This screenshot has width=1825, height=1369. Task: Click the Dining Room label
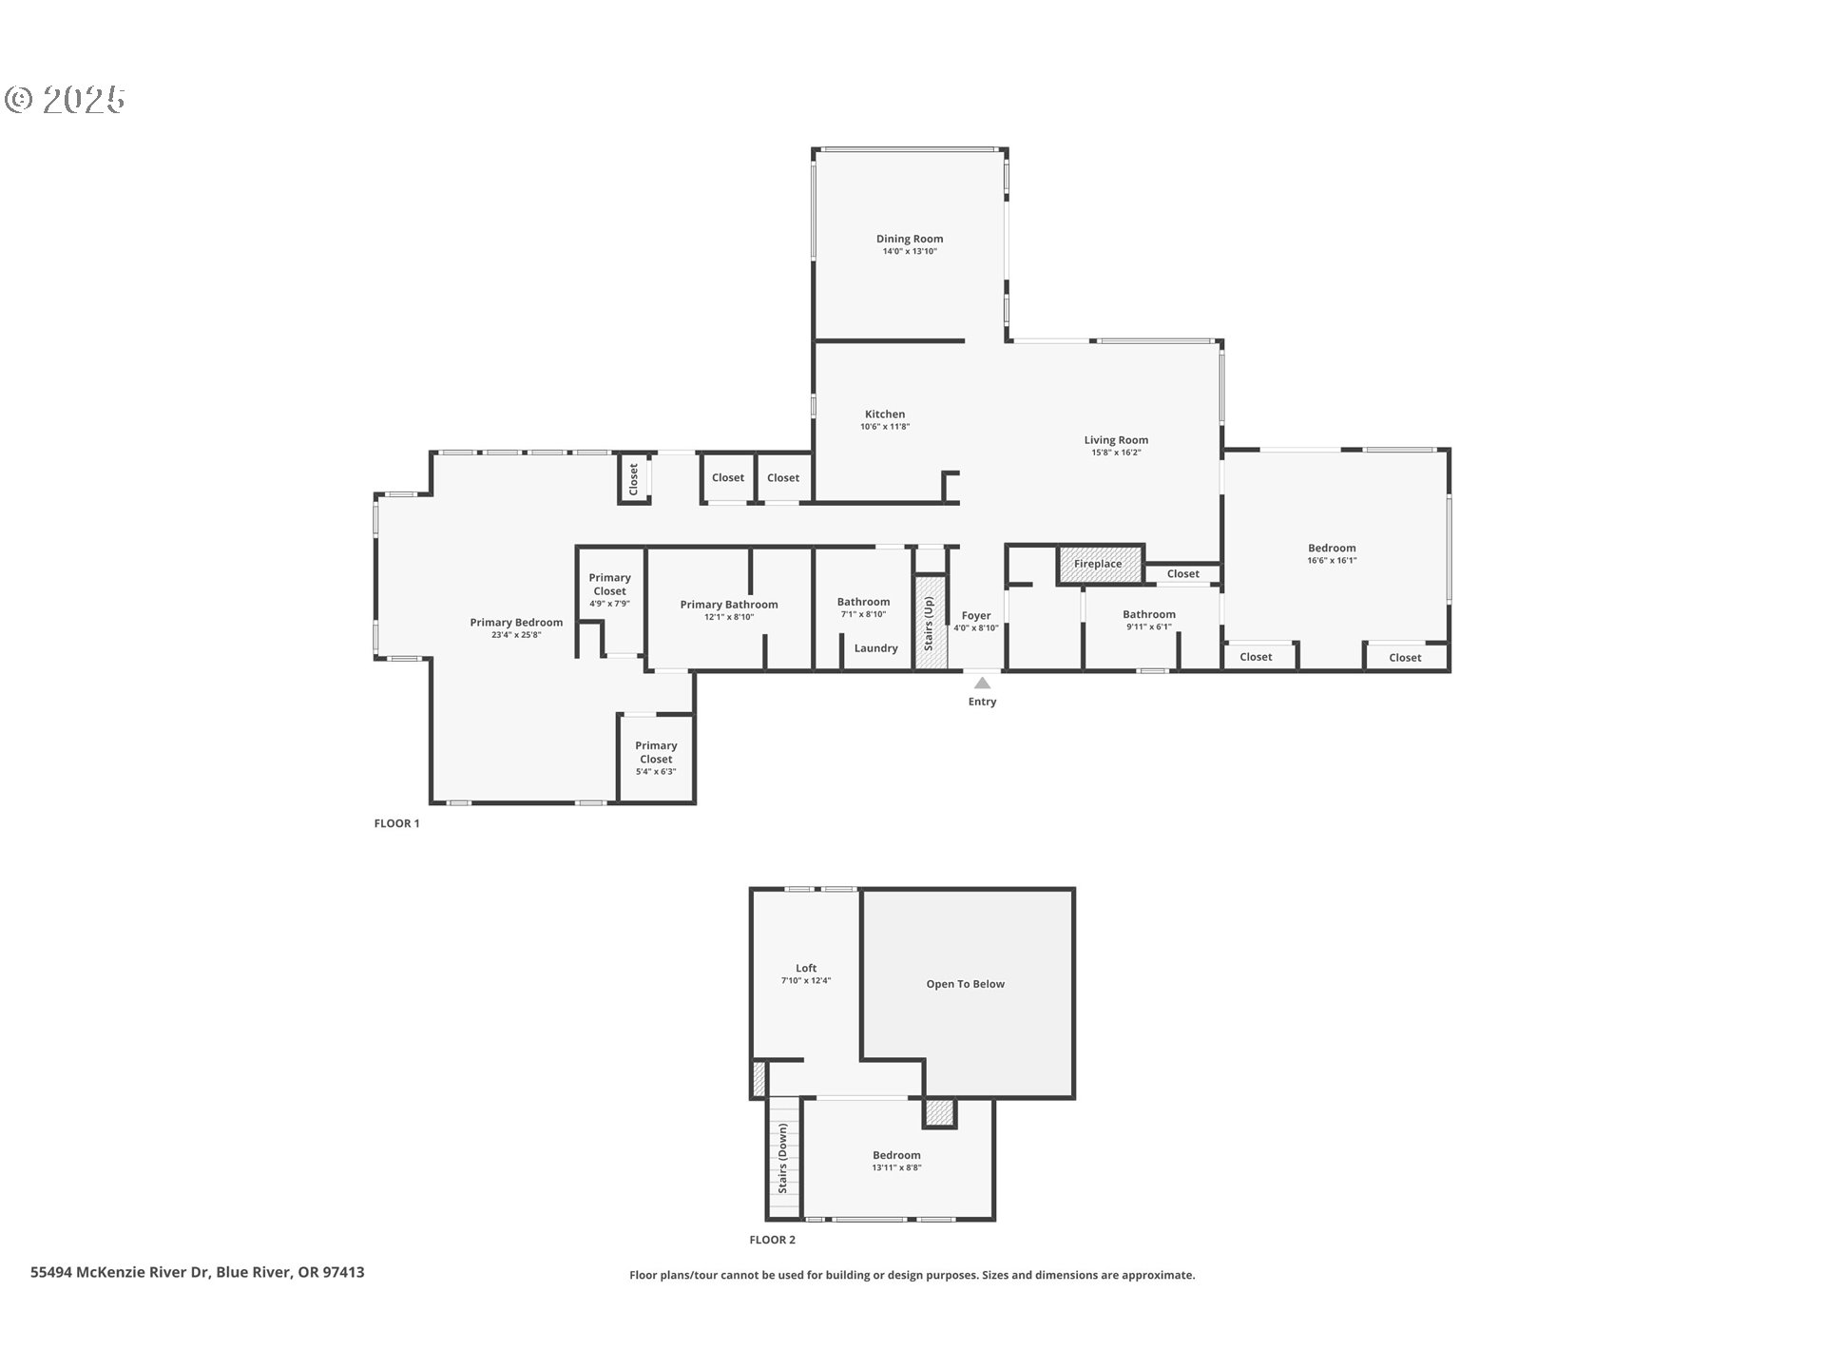coord(910,239)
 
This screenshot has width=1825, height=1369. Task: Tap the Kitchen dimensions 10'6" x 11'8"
coord(885,427)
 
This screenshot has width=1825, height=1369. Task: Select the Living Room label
coord(1116,439)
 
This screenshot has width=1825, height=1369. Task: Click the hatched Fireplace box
coord(1099,564)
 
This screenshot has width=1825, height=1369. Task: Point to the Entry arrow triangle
coord(982,683)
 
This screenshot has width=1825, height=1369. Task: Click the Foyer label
coord(976,615)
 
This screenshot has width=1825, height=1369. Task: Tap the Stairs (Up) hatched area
coord(931,625)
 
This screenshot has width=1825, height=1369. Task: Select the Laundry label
coord(875,648)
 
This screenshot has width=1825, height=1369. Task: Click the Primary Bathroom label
coord(729,604)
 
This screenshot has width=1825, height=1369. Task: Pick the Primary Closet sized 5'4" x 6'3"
coord(656,758)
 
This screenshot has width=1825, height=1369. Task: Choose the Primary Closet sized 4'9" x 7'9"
coord(609,589)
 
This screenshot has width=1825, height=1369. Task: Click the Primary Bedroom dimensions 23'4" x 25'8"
coord(516,635)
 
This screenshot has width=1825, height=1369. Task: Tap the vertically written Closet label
coord(634,479)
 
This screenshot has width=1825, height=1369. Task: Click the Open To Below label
coord(965,984)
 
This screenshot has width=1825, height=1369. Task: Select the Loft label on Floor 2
coord(806,968)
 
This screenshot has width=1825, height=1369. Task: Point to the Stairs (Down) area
coord(784,1158)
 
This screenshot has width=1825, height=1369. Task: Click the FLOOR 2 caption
coord(772,1240)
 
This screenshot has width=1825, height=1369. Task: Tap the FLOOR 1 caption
coord(396,823)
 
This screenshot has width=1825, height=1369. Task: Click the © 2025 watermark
coord(66,100)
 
